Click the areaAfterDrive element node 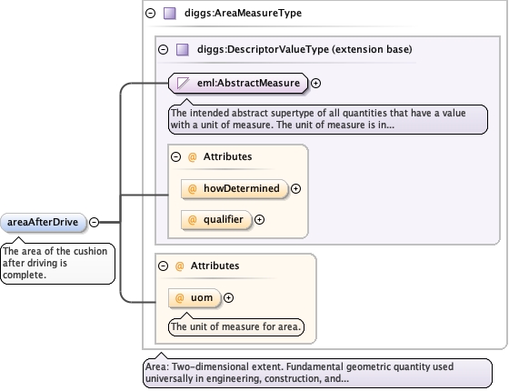44,223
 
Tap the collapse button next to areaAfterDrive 94,222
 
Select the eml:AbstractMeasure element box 238,83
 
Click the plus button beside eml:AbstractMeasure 316,83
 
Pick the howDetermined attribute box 235,189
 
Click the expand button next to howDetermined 295,189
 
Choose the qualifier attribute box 216,220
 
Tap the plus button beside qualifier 259,220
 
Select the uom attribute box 195,298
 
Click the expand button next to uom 228,298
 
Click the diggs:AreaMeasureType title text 244,13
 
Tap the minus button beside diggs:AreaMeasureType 150,13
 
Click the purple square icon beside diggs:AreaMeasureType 170,14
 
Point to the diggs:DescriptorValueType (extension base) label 304,49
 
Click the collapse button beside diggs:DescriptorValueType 163,50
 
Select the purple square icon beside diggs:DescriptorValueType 183,50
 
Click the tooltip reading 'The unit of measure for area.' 236,326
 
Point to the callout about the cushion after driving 58,264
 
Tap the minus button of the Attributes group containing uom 163,266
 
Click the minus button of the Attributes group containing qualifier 175,156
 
